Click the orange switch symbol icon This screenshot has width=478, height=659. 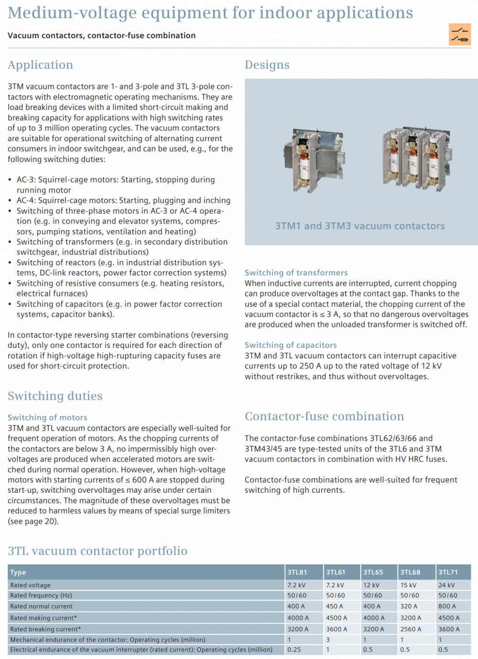tap(459, 34)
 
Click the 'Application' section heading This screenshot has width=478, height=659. tap(41, 65)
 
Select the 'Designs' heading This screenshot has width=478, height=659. tap(267, 65)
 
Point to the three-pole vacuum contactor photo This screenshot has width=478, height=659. tap(416, 158)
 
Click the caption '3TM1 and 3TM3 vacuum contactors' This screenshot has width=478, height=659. tap(359, 226)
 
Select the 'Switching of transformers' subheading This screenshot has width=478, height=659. tap(296, 273)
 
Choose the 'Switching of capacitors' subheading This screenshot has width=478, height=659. tap(291, 345)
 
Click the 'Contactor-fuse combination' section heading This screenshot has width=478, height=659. tap(324, 416)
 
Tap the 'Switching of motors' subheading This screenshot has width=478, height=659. tap(47, 418)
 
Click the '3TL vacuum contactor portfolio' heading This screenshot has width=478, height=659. tap(98, 551)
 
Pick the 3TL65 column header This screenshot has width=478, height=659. tap(373, 572)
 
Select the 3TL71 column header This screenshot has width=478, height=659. tap(448, 572)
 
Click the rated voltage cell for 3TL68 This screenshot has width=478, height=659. tap(408, 585)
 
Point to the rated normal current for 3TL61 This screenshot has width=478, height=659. tap(335, 606)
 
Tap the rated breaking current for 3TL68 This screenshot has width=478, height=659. tap(411, 629)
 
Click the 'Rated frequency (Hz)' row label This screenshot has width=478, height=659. tap(41, 595)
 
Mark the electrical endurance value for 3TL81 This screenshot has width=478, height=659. tap(294, 649)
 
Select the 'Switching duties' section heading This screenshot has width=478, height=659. tap(55, 396)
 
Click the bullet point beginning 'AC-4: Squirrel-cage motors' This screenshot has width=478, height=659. tap(123, 201)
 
